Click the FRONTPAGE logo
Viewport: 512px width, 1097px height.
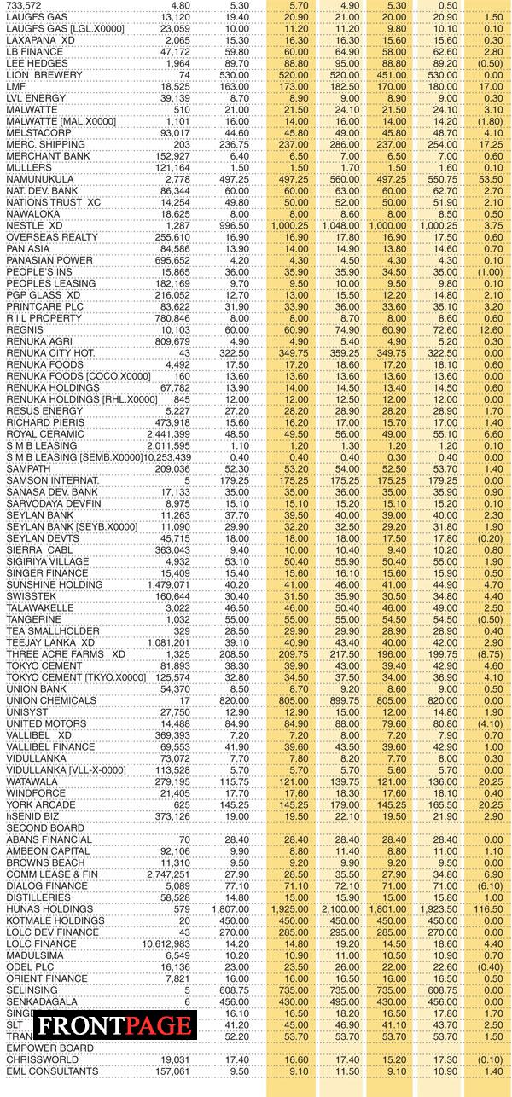[x=114, y=1024]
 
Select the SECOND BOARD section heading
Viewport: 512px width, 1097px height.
[x=39, y=827]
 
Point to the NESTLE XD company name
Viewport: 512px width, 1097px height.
[x=34, y=224]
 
